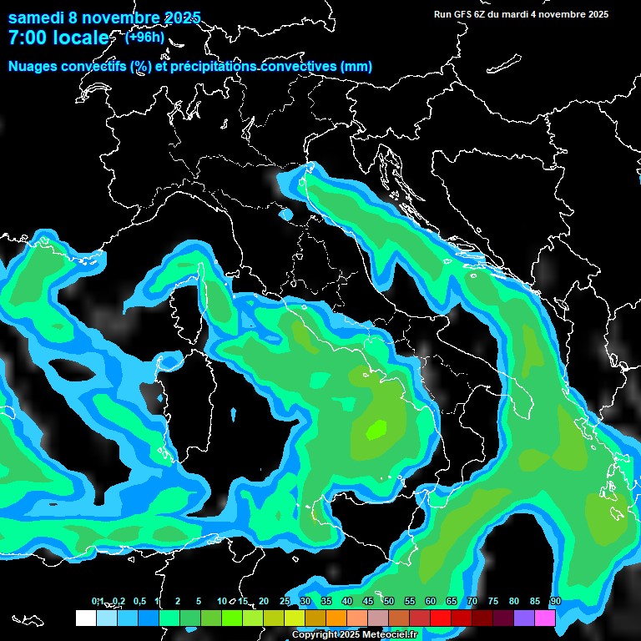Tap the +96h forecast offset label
pyautogui.click(x=145, y=37)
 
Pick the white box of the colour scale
pyautogui.click(x=85, y=618)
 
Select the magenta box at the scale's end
pyautogui.click(x=545, y=618)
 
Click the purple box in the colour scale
pyautogui.click(x=524, y=618)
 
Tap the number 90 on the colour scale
pyautogui.click(x=555, y=601)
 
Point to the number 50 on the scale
pyautogui.click(x=388, y=601)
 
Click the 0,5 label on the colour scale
pyautogui.click(x=139, y=601)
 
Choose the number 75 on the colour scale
pyautogui.click(x=492, y=601)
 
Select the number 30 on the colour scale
pyautogui.click(x=305, y=601)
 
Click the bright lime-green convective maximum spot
pyautogui.click(x=376, y=429)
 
